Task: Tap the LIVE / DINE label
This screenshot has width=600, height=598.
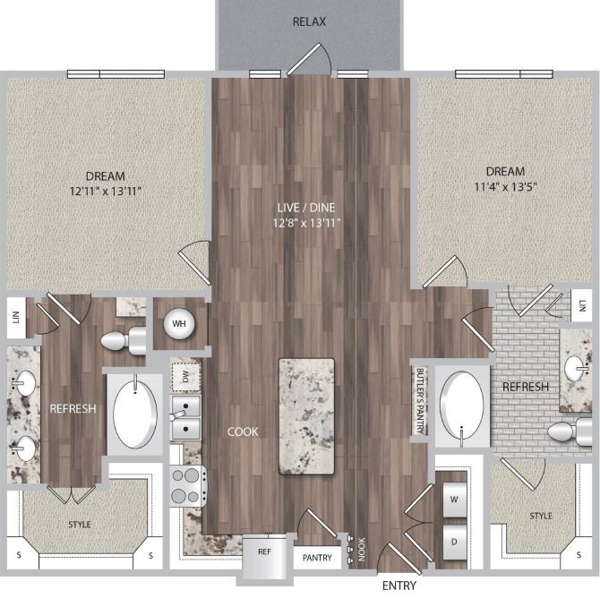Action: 304,207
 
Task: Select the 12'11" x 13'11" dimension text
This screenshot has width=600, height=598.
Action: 106,191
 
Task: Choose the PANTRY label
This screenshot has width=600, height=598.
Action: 317,558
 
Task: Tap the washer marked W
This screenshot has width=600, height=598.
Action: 454,500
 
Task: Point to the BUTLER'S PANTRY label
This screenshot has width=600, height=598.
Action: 418,401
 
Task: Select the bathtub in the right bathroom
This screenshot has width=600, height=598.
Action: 461,406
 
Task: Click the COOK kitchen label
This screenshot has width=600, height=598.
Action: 242,431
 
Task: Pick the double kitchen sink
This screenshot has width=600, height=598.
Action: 185,420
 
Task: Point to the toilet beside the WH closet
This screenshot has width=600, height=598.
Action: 124,340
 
